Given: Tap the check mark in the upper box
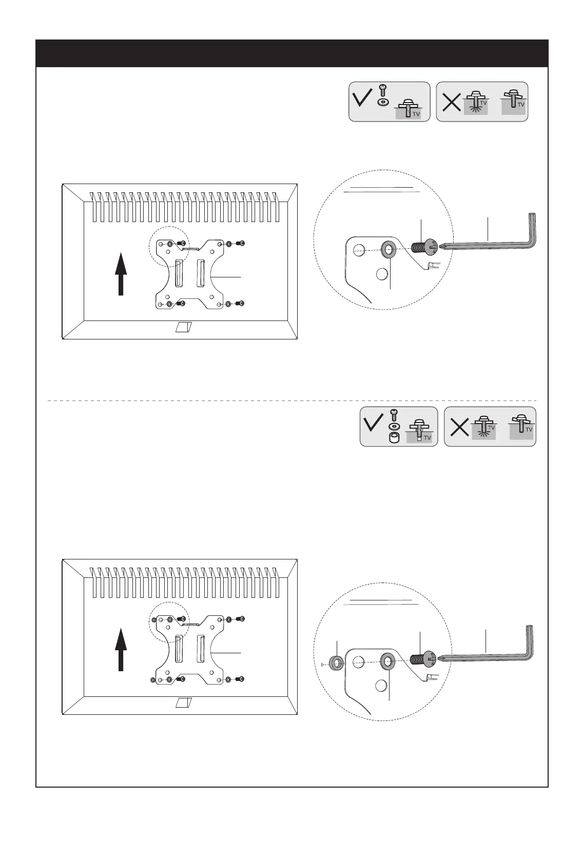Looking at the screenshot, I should [x=364, y=97].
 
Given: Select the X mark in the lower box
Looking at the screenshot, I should [x=459, y=427].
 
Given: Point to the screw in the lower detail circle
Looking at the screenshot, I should [x=423, y=659].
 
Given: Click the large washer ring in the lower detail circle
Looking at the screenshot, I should [x=387, y=662].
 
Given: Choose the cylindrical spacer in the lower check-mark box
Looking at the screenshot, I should [x=394, y=439].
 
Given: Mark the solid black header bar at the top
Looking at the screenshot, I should [x=292, y=53].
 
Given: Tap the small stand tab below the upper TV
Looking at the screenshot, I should [x=183, y=327].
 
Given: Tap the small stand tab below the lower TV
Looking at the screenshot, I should [x=183, y=702].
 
